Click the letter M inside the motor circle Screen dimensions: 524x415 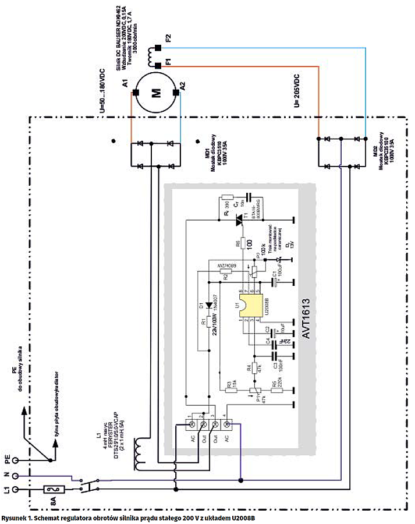click(155, 93)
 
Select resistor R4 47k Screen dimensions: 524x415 click(254, 368)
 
